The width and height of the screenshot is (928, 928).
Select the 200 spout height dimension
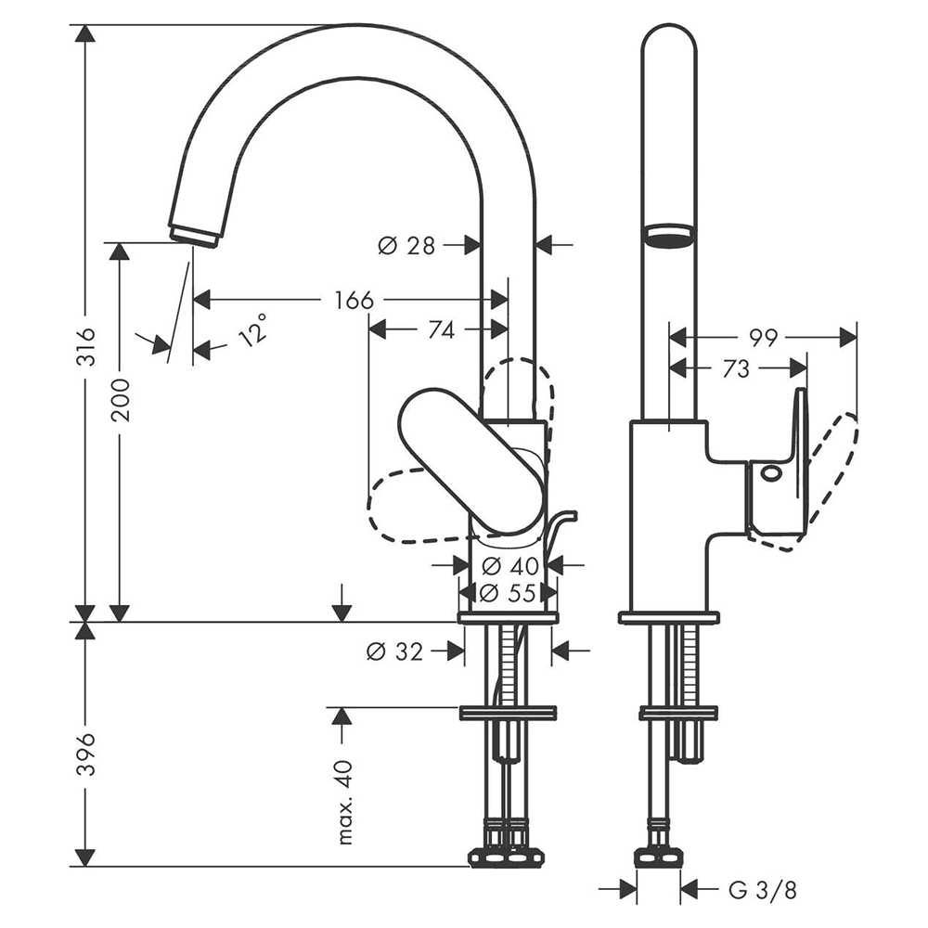click(121, 399)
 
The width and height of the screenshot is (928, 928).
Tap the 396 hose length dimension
click(84, 748)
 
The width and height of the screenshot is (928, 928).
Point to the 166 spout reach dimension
click(354, 300)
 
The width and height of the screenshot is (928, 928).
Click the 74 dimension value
click(442, 329)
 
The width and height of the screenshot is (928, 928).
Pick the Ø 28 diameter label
click(406, 245)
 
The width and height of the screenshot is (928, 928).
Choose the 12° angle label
click(252, 329)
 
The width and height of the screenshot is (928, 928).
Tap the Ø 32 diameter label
click(394, 651)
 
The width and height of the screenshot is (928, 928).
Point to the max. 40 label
click(346, 802)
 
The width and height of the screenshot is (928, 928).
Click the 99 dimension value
click(763, 338)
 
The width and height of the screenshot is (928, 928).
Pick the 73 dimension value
click(735, 368)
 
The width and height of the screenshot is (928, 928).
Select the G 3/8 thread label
click(762, 891)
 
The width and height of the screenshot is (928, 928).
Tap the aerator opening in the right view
click(669, 232)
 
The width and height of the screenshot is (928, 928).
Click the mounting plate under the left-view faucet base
click(509, 617)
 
